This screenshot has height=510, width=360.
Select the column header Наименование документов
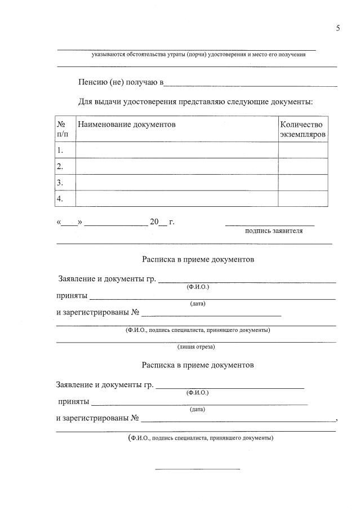(127, 123)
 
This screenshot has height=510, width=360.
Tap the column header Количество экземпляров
(303, 129)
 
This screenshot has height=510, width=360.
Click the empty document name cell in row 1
(177, 150)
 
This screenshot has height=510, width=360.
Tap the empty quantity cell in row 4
(303, 198)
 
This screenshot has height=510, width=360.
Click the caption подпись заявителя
(274, 230)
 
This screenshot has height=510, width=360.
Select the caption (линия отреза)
(196, 347)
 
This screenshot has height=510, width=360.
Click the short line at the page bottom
(197, 468)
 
